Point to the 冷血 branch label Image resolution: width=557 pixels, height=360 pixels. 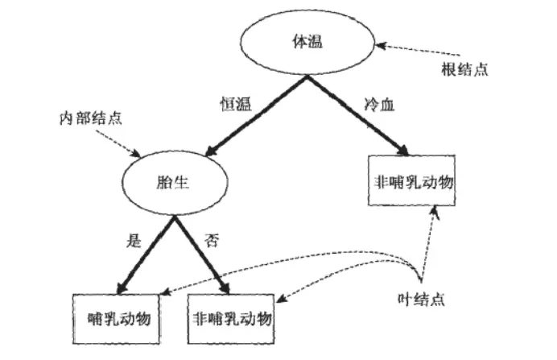coord(373,105)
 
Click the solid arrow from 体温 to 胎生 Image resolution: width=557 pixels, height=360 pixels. coord(256,112)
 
